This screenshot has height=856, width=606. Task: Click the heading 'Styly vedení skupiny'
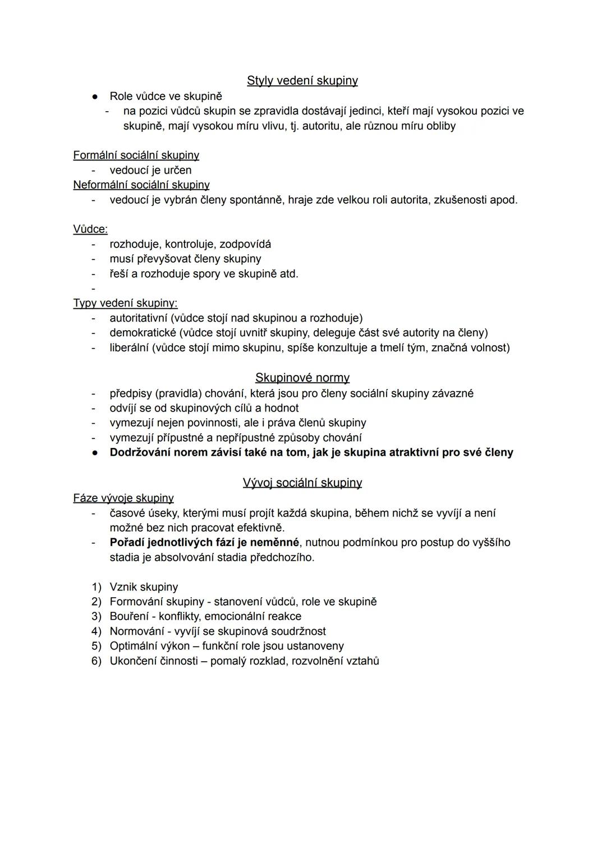[302, 81]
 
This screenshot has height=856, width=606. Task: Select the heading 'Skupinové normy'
[302, 378]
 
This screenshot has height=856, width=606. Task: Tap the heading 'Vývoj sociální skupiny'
[302, 483]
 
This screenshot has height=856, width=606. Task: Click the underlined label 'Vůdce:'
[90, 229]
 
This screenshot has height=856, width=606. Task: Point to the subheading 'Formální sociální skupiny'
[136, 155]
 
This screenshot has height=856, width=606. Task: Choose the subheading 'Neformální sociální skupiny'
[141, 185]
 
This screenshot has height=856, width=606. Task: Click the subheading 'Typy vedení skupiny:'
[125, 303]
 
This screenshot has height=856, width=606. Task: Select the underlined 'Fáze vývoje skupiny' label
[123, 498]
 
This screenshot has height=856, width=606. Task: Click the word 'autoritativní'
[138, 318]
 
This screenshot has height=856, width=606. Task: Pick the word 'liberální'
[129, 347]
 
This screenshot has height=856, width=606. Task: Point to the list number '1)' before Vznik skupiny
[97, 587]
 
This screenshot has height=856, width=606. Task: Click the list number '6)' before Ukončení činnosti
[97, 661]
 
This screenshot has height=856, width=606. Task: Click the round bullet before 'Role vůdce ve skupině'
[96, 97]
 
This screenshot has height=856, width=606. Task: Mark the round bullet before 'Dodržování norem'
[96, 452]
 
